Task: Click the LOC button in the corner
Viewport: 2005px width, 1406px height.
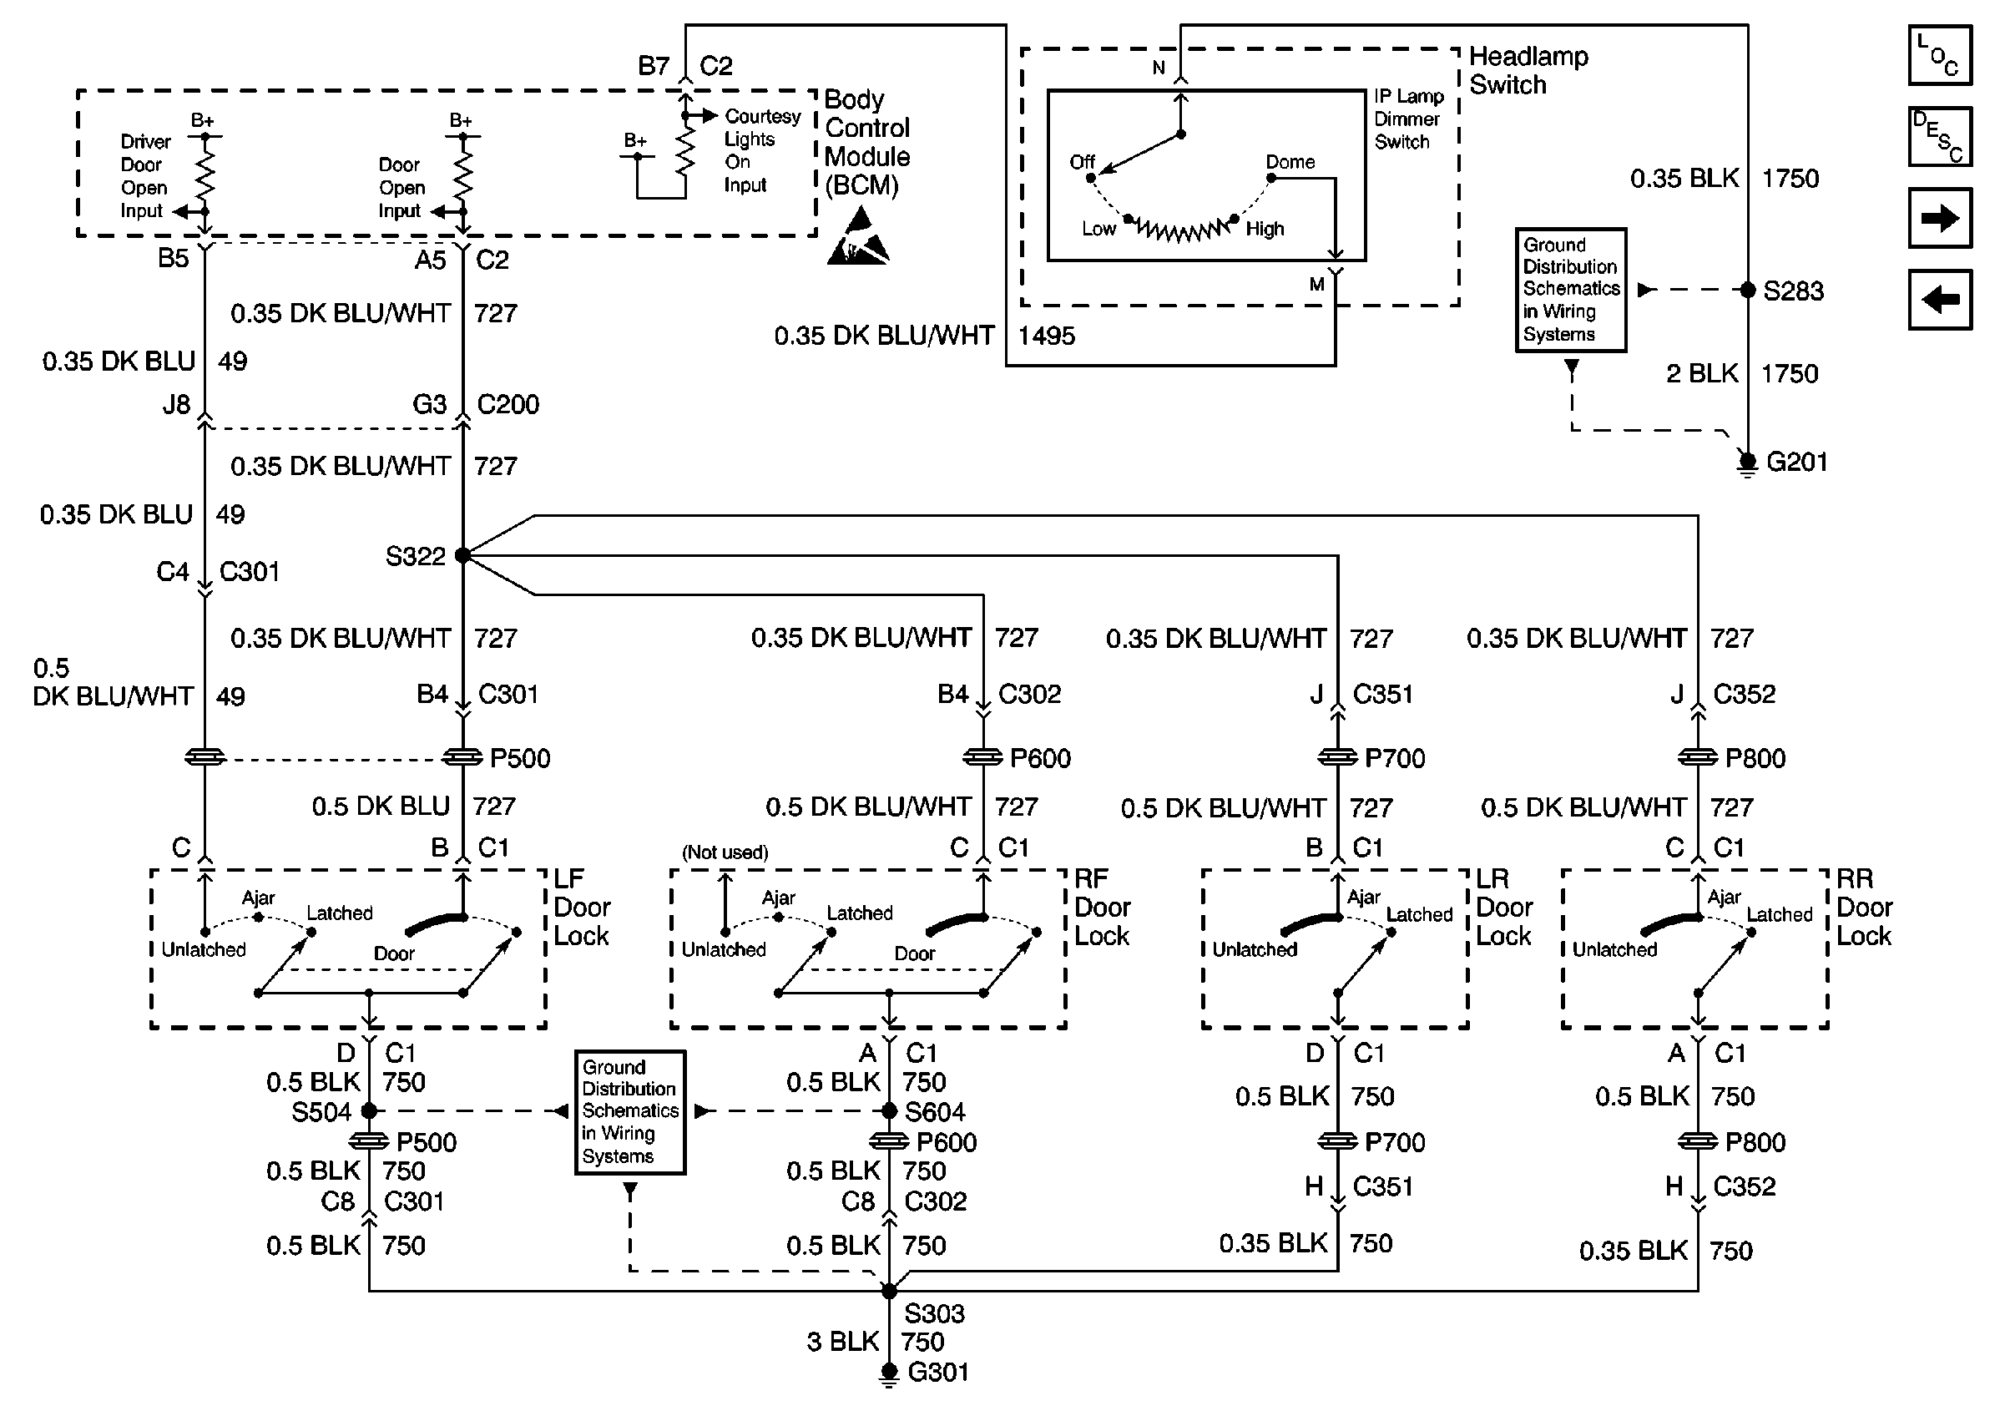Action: click(x=1940, y=56)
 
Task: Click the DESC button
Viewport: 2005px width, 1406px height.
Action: click(x=1940, y=136)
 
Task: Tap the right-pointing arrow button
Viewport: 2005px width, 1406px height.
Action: click(x=1940, y=217)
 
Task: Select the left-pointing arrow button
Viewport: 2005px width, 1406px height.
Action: click(x=1940, y=300)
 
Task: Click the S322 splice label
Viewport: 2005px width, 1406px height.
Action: click(x=416, y=556)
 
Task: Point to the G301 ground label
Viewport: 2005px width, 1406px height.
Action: click(x=938, y=1372)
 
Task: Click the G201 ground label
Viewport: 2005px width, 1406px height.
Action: click(x=1797, y=461)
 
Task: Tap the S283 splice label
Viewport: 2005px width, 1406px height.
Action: click(x=1794, y=291)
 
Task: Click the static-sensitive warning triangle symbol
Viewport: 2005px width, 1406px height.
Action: click(x=858, y=235)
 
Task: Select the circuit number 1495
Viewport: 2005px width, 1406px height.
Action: click(x=1047, y=336)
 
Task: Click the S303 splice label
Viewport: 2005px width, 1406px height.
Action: click(x=934, y=1313)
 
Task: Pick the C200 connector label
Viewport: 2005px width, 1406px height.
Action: click(x=508, y=404)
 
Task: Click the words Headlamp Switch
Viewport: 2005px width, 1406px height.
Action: click(x=1529, y=71)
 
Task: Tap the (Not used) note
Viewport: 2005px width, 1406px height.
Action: click(x=725, y=852)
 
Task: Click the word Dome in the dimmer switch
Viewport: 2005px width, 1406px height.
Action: click(x=1290, y=163)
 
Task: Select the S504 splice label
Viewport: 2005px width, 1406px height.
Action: click(x=321, y=1113)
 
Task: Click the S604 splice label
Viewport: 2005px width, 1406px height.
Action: click(x=935, y=1113)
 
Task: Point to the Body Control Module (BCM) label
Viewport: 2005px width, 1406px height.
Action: click(x=867, y=142)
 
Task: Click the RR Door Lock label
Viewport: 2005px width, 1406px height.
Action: click(x=1865, y=908)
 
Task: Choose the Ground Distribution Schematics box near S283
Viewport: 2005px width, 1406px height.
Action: click(x=1571, y=290)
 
